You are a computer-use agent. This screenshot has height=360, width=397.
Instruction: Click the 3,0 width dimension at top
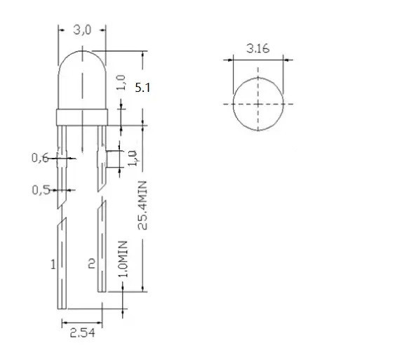(x=82, y=30)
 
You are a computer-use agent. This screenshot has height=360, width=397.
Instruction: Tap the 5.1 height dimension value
(x=142, y=88)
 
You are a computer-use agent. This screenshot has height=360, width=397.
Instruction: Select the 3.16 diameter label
(x=258, y=48)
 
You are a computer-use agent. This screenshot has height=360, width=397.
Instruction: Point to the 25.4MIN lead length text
(x=142, y=206)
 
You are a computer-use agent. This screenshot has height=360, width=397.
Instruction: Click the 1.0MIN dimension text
(x=123, y=259)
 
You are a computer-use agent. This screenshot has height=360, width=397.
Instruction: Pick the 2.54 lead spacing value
(x=82, y=333)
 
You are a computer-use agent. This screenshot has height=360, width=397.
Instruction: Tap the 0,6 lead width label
(x=40, y=158)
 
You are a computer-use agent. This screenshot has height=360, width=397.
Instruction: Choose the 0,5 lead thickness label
(x=41, y=190)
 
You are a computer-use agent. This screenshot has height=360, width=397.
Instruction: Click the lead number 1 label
(x=53, y=265)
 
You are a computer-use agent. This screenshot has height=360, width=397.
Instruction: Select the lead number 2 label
(x=91, y=263)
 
